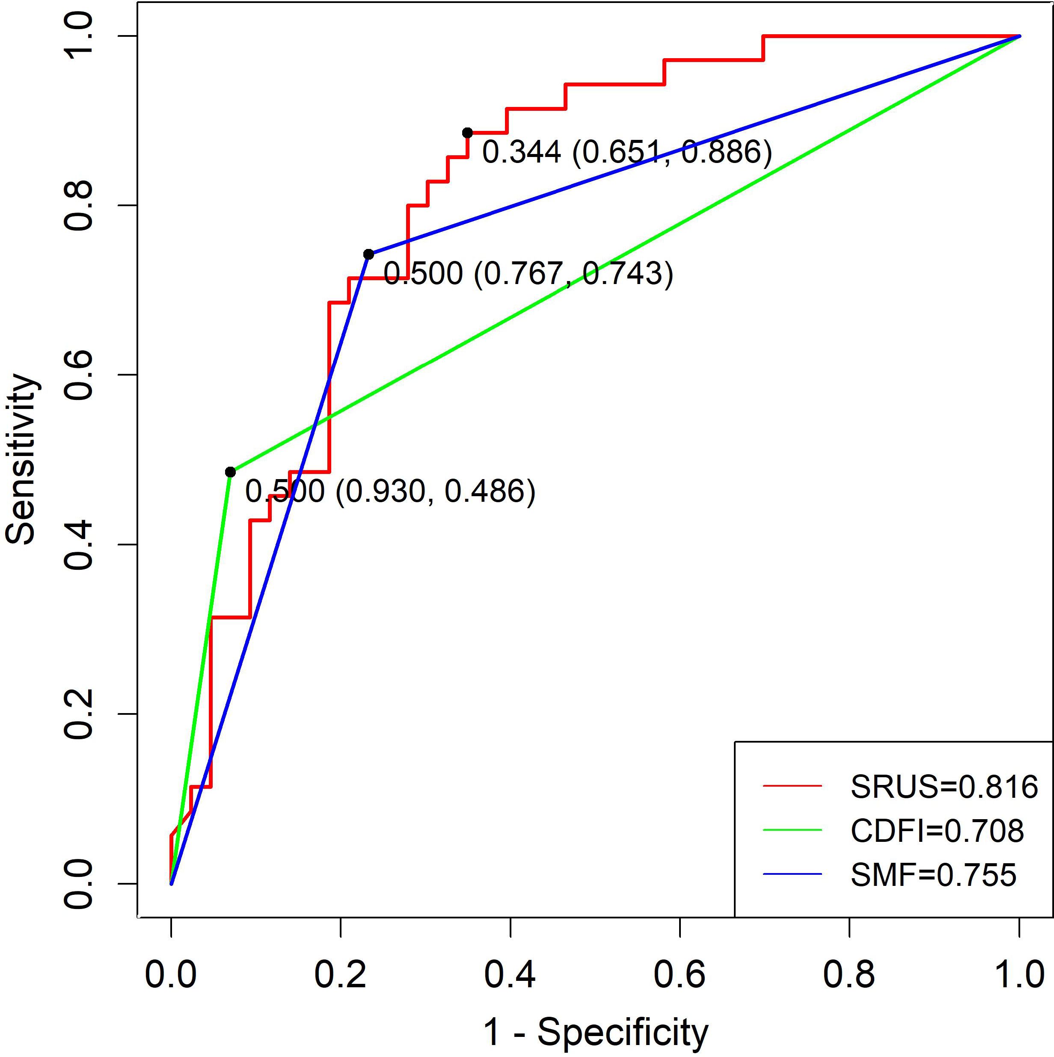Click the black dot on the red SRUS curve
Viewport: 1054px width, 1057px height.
pyautogui.click(x=467, y=133)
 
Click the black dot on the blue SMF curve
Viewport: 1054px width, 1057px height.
pyautogui.click(x=368, y=255)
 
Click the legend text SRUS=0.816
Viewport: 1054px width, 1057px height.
pyautogui.click(x=944, y=787)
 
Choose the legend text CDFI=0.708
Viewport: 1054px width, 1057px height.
pyautogui.click(x=937, y=831)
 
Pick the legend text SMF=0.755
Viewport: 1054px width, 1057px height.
pyautogui.click(x=933, y=875)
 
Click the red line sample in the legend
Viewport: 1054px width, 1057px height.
pyautogui.click(x=792, y=786)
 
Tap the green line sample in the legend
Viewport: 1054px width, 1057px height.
pyautogui.click(x=792, y=830)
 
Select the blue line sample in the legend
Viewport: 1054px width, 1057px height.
pyautogui.click(x=792, y=874)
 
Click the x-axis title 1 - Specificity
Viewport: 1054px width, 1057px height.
pyautogui.click(x=595, y=1032)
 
